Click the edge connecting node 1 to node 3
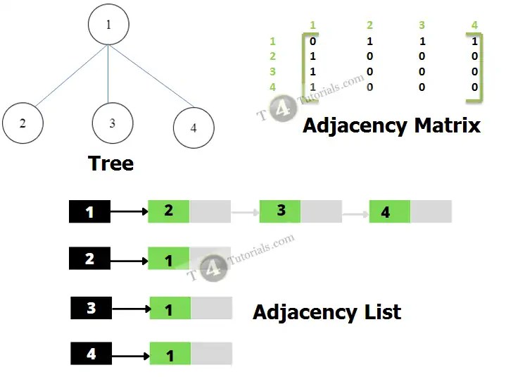click(108, 74)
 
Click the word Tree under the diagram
click(110, 163)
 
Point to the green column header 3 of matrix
click(422, 25)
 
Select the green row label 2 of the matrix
click(272, 56)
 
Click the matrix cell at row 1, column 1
click(312, 41)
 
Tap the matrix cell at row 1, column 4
click(474, 41)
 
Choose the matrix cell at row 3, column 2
click(369, 71)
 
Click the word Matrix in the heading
click(448, 125)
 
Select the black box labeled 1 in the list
click(89, 211)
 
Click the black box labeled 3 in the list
click(91, 308)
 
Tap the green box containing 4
click(390, 211)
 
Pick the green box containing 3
click(280, 211)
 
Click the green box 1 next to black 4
click(170, 354)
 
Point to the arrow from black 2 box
click(129, 261)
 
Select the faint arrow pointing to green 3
click(245, 212)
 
